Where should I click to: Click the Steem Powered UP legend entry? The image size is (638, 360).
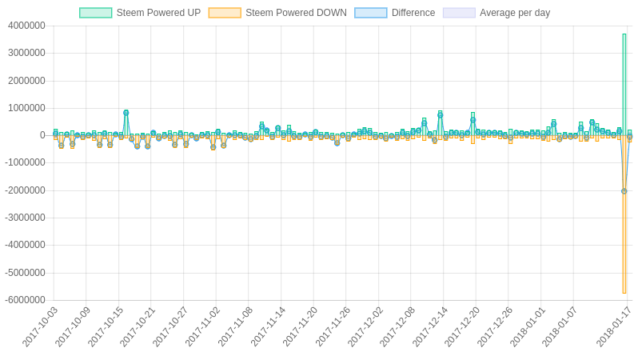pyautogui.click(x=140, y=13)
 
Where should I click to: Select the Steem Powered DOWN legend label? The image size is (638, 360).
pyautogui.click(x=296, y=13)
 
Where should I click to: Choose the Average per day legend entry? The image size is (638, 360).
pyautogui.click(x=515, y=13)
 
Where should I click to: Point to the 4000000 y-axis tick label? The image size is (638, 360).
pyautogui.click(x=26, y=26)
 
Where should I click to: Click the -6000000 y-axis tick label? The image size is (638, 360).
pyautogui.click(x=25, y=300)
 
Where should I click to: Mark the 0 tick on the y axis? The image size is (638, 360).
pyautogui.click(x=42, y=135)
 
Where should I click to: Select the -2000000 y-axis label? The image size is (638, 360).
pyautogui.click(x=25, y=190)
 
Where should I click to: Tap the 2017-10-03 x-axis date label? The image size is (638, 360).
pyautogui.click(x=40, y=327)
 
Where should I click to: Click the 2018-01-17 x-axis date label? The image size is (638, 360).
pyautogui.click(x=614, y=327)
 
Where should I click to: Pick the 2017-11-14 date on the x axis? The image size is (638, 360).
pyautogui.click(x=268, y=327)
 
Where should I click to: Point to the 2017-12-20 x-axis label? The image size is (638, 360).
pyautogui.click(x=462, y=327)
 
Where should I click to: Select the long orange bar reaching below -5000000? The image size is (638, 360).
pyautogui.click(x=624, y=214)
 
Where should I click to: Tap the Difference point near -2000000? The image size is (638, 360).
pyautogui.click(x=624, y=191)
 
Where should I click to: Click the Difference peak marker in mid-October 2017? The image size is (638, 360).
pyautogui.click(x=126, y=113)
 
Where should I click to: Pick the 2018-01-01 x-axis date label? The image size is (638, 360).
pyautogui.click(x=528, y=327)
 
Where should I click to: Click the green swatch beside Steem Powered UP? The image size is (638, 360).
pyautogui.click(x=96, y=13)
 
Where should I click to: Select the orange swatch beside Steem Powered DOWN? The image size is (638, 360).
pyautogui.click(x=225, y=13)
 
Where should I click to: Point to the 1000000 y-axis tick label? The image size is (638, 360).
pyautogui.click(x=26, y=108)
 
